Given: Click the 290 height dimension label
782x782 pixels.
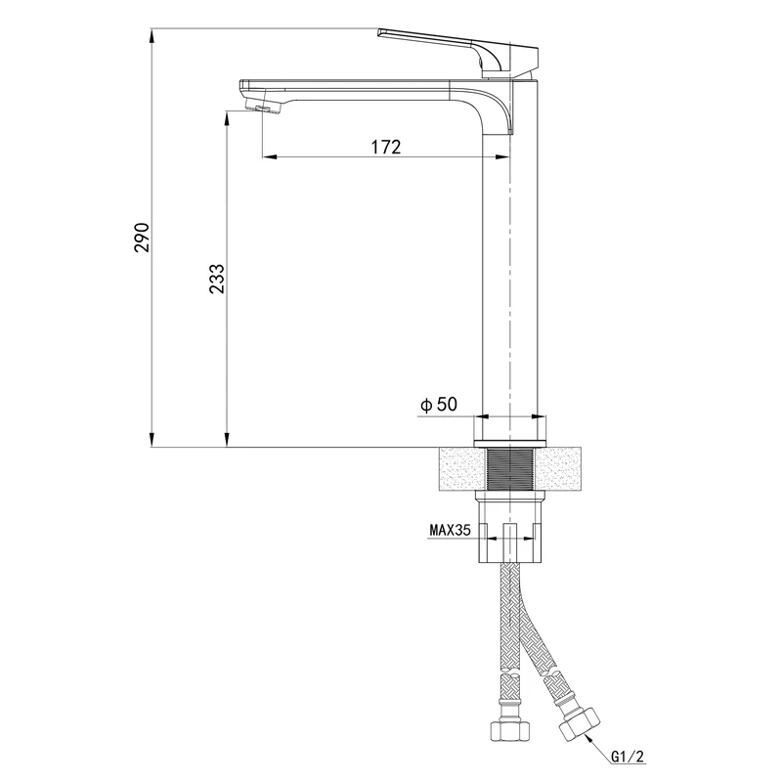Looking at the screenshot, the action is pyautogui.click(x=142, y=237).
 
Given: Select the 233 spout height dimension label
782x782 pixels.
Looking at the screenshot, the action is pyautogui.click(x=216, y=279).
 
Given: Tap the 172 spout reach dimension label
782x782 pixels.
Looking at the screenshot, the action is pyautogui.click(x=385, y=148).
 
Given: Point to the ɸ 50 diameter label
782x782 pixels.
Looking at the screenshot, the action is pyautogui.click(x=439, y=405).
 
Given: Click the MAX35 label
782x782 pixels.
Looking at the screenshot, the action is pyautogui.click(x=450, y=530).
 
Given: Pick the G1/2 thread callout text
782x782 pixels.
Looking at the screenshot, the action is pyautogui.click(x=628, y=757).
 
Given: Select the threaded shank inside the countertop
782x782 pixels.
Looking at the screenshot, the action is pyautogui.click(x=509, y=469).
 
